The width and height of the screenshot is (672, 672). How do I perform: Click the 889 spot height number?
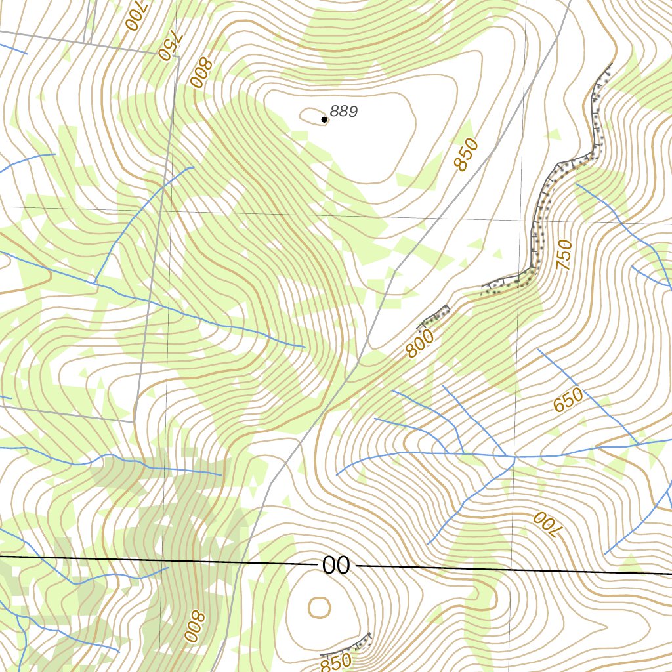[x=344, y=112]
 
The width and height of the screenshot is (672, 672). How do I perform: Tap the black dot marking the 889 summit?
[x=324, y=119]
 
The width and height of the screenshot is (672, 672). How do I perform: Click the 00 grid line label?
[x=336, y=565]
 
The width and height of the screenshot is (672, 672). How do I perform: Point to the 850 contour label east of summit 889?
[x=467, y=156]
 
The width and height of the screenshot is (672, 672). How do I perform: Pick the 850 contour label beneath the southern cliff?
[x=336, y=662]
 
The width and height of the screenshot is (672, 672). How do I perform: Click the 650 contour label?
[x=568, y=400]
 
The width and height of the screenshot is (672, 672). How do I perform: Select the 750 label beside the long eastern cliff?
[x=564, y=255]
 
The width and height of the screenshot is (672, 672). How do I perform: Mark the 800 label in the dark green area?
[x=195, y=626]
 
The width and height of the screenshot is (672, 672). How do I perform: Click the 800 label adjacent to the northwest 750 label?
[x=200, y=73]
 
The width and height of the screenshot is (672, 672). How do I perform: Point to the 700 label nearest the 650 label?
[x=544, y=524]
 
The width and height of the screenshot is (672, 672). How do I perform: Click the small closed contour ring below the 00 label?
[x=319, y=607]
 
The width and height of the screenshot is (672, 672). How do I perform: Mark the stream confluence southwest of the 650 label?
[x=514, y=457]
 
